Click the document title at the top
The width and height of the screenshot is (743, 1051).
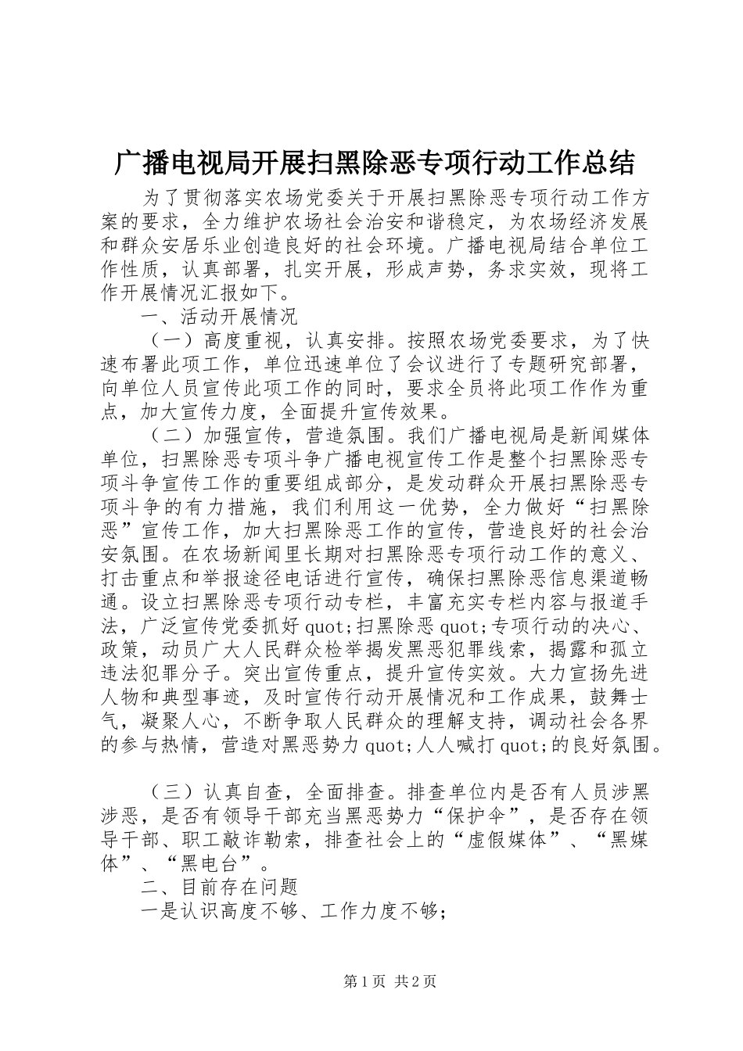373,163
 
